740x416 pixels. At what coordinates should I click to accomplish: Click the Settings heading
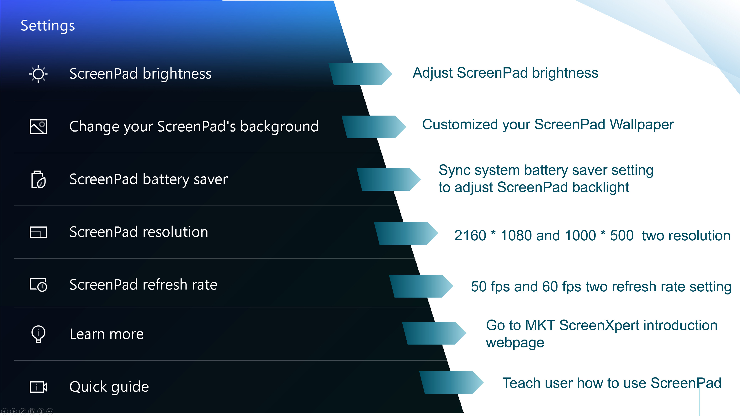click(x=48, y=26)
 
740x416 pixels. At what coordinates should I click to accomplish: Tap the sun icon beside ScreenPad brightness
click(x=38, y=74)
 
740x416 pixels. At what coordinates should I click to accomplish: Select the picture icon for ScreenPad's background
click(x=38, y=127)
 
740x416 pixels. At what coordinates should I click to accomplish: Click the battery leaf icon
click(x=38, y=179)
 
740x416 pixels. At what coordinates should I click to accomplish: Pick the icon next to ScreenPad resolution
click(x=38, y=232)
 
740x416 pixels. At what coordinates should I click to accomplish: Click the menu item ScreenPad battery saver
click(x=149, y=179)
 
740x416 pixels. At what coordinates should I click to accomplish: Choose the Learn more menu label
click(x=107, y=334)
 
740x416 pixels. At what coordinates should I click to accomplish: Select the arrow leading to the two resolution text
click(x=406, y=233)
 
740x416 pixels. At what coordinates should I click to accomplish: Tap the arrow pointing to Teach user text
click(x=451, y=382)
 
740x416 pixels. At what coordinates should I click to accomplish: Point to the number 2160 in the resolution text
click(x=470, y=236)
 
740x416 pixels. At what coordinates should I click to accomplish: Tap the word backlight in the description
click(x=601, y=187)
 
